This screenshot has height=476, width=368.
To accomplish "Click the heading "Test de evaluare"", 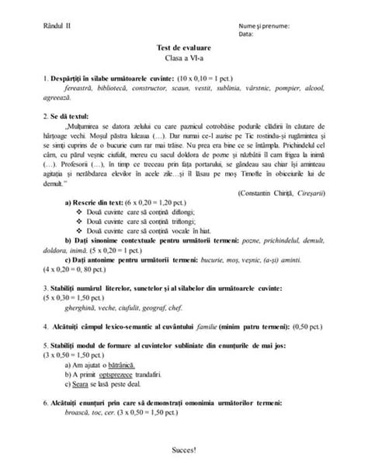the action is pyautogui.click(x=183, y=48).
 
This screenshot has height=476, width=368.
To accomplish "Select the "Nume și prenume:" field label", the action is pyautogui.click(x=265, y=26).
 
